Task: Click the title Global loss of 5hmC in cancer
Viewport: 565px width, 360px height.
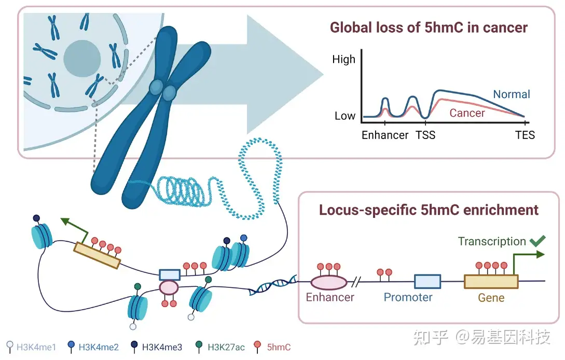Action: point(429,27)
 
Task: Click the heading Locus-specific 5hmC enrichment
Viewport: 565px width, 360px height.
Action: point(429,210)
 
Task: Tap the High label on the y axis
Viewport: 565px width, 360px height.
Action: point(343,59)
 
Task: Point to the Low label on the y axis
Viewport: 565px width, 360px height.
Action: point(344,116)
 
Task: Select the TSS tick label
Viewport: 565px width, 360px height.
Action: point(425,135)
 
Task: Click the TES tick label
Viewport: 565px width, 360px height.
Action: point(525,135)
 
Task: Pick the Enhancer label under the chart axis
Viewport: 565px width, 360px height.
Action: point(385,135)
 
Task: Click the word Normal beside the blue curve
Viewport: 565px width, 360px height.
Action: point(511,94)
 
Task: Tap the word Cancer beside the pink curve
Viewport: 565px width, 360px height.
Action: point(467,113)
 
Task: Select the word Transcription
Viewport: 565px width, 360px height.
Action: point(491,242)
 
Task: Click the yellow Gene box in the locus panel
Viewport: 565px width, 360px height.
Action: point(491,281)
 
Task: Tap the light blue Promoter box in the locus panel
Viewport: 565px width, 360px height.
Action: point(427,281)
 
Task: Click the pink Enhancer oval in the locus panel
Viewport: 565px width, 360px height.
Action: point(328,282)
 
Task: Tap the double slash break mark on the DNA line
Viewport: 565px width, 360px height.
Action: point(356,282)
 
